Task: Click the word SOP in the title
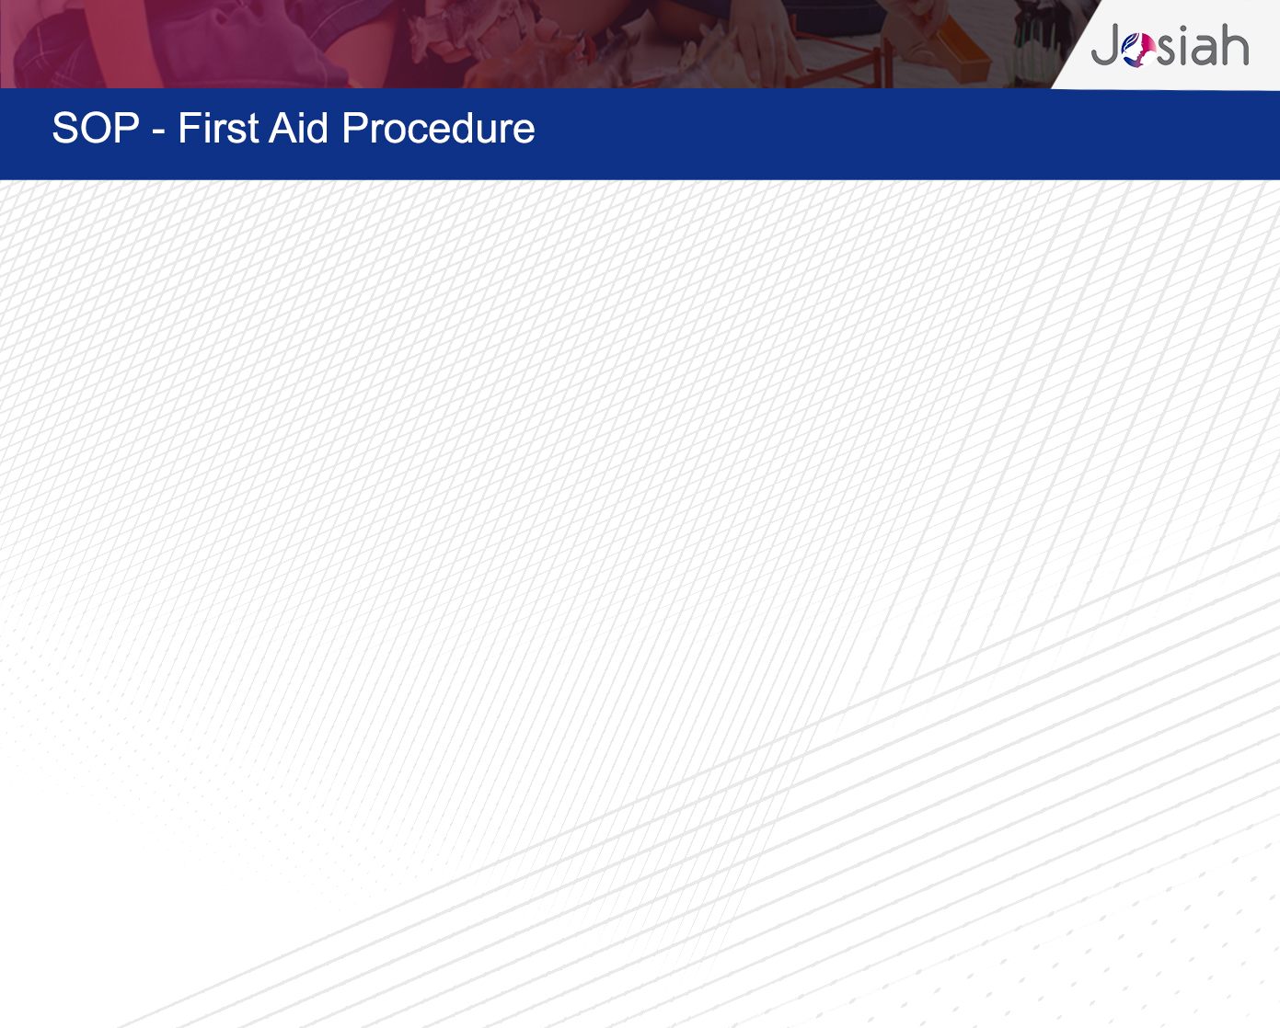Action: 96,128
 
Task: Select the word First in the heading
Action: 218,128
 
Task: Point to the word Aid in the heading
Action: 298,128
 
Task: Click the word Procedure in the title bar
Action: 438,128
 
